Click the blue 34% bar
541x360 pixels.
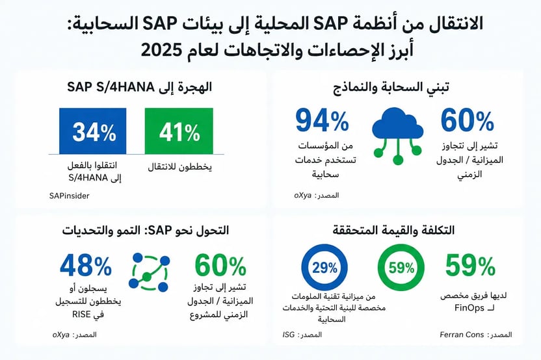coord(92,131)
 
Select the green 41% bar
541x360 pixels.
coord(179,131)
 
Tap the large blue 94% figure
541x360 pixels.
coord(323,121)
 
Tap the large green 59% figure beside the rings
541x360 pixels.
coord(470,266)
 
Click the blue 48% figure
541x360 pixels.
coord(86,266)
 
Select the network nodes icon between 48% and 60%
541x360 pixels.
coord(149,272)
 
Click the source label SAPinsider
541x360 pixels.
coord(70,196)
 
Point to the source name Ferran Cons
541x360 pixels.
coord(462,335)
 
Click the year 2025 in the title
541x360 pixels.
coord(161,50)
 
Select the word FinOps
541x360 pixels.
coord(469,307)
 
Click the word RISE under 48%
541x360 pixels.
coord(81,315)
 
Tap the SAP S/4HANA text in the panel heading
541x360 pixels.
coord(111,87)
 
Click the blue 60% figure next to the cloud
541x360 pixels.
coord(468,121)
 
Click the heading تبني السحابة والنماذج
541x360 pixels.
coord(391,87)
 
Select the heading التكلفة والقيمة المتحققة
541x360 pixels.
coord(393,230)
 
